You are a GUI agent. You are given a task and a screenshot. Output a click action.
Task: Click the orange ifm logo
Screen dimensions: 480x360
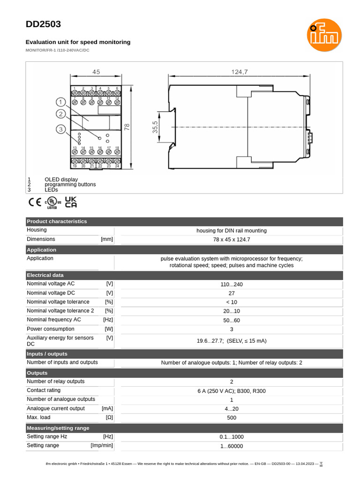point(324,35)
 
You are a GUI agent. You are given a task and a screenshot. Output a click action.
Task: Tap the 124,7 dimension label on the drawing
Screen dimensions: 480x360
point(239,72)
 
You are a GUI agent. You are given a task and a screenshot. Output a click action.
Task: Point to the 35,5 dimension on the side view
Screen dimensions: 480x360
point(155,127)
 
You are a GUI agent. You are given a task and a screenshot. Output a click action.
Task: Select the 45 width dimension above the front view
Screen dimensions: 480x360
point(96,72)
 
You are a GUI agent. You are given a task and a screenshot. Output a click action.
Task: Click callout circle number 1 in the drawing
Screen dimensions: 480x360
point(61,102)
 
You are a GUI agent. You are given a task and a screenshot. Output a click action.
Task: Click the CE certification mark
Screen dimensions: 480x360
point(35,202)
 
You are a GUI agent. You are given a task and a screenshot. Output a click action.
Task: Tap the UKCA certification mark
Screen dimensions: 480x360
point(71,202)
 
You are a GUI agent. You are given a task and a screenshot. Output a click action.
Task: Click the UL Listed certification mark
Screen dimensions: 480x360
point(52,202)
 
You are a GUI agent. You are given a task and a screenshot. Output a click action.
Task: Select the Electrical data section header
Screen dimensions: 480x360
point(45,275)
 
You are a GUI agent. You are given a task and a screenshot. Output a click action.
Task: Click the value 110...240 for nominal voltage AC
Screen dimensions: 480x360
point(232,285)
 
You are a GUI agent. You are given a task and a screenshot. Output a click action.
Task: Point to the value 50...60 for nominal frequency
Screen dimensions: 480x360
point(232,321)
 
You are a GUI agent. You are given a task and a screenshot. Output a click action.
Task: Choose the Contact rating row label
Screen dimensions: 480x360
point(44,390)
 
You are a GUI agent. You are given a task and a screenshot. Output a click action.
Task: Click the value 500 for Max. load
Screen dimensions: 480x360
point(232,418)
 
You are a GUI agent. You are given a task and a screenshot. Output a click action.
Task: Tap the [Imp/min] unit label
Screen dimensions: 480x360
point(102,445)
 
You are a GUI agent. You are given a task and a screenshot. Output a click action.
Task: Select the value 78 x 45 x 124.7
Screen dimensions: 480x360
point(232,240)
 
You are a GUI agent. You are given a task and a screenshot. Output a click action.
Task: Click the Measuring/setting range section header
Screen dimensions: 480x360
point(58,428)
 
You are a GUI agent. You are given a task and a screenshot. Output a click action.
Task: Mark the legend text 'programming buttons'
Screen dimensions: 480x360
point(70,185)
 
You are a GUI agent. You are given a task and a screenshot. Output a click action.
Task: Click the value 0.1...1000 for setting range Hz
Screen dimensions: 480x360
point(232,437)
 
